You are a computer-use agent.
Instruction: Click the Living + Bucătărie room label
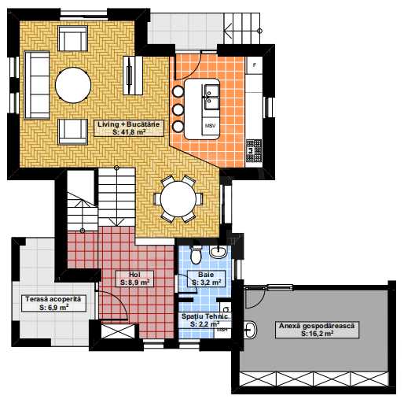pyautogui.click(x=129, y=128)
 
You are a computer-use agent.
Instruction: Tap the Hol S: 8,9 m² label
pyautogui.click(x=135, y=279)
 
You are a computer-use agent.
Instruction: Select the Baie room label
pyautogui.click(x=207, y=279)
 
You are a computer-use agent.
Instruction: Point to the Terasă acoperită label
pyautogui.click(x=53, y=303)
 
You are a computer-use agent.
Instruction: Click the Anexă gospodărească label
pyautogui.click(x=317, y=330)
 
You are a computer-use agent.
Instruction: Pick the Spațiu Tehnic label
pyautogui.click(x=204, y=320)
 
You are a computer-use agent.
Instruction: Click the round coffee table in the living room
pyautogui.click(x=73, y=85)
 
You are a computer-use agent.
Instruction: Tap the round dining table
pyautogui.click(x=178, y=198)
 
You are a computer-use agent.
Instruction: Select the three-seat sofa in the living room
pyautogui.click(x=37, y=85)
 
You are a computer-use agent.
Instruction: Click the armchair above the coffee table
pyautogui.click(x=72, y=39)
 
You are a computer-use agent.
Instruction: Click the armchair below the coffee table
pyautogui.click(x=72, y=131)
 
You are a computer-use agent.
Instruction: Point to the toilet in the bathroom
pyautogui.click(x=196, y=255)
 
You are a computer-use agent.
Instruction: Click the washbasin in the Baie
pyautogui.click(x=218, y=251)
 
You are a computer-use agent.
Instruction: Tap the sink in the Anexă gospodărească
pyautogui.click(x=250, y=330)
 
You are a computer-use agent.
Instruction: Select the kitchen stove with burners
pyautogui.click(x=254, y=151)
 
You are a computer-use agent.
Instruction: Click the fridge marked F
pyautogui.click(x=255, y=65)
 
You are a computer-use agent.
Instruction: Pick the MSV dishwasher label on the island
pyautogui.click(x=211, y=126)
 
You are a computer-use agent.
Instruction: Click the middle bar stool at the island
pyautogui.click(x=178, y=109)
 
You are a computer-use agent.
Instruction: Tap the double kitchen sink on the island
pyautogui.click(x=211, y=98)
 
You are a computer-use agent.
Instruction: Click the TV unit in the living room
pyautogui.click(x=133, y=76)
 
